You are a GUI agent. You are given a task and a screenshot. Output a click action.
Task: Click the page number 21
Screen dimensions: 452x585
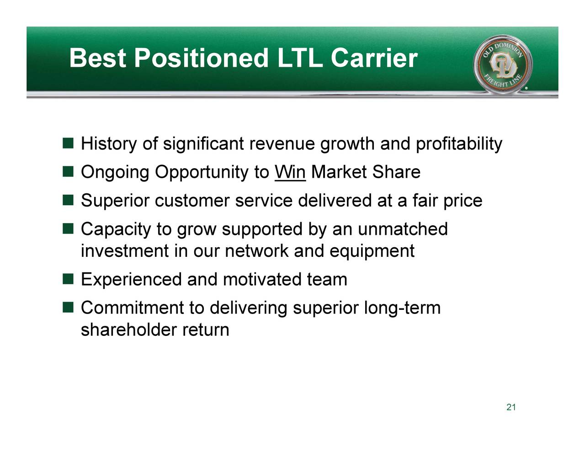tap(511, 408)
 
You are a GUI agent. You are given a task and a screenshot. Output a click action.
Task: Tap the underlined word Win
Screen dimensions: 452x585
tap(290, 173)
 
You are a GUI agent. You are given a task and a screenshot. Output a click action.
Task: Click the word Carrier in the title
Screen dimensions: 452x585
tap(373, 58)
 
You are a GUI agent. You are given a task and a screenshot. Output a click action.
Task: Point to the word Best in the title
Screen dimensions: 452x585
tap(97, 58)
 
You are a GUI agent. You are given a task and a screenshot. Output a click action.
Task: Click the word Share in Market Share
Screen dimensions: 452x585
tap(396, 173)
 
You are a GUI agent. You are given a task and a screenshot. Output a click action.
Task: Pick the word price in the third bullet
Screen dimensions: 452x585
tap(463, 201)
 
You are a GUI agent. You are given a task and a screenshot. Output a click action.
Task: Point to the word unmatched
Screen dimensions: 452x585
tap(403, 229)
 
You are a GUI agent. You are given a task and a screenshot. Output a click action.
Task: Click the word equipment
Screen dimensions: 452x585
tap(372, 251)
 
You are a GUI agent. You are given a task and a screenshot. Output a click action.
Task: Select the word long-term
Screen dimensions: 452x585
tap(402, 308)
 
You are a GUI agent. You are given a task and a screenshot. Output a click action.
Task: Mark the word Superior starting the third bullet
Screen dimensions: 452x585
tap(115, 201)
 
